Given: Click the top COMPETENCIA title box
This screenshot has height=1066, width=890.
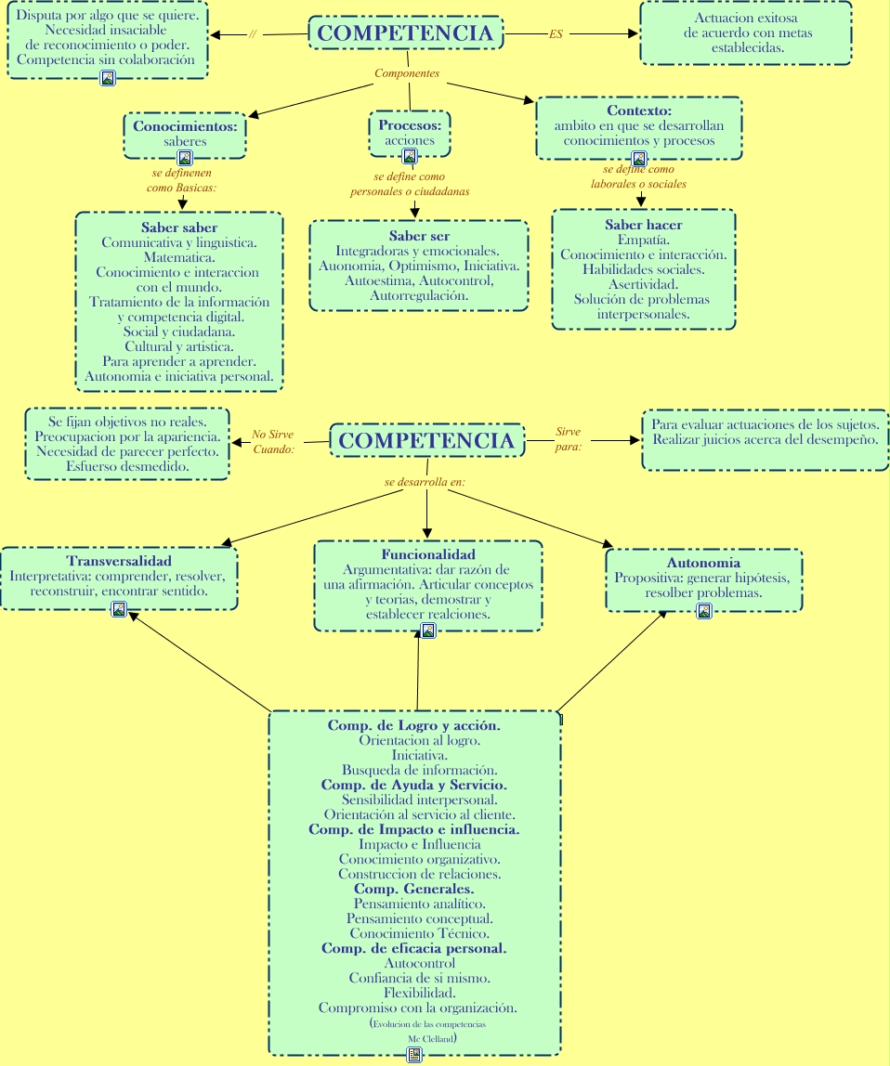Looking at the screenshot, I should pyautogui.click(x=405, y=32).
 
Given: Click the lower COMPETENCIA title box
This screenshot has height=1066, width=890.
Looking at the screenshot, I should pyautogui.click(x=426, y=440).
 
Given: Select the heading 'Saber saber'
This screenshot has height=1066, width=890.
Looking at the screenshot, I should pyautogui.click(x=179, y=227).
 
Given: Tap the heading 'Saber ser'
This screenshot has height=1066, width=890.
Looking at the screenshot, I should pyautogui.click(x=419, y=236).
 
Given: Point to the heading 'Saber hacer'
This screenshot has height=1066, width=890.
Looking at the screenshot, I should pyautogui.click(x=644, y=225).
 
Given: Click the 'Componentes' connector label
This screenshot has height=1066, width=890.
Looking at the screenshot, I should pyautogui.click(x=407, y=72).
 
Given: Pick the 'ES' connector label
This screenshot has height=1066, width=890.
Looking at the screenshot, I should pyautogui.click(x=556, y=34).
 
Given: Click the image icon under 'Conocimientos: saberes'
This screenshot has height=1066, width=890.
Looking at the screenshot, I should pyautogui.click(x=184, y=158).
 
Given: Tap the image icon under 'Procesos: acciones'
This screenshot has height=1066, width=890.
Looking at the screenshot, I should pyautogui.click(x=410, y=156).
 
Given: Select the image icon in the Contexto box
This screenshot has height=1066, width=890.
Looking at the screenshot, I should pyautogui.click(x=638, y=159).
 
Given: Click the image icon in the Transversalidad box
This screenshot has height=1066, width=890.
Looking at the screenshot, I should pyautogui.click(x=119, y=608).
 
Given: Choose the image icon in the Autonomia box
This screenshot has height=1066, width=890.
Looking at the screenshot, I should pyautogui.click(x=704, y=610).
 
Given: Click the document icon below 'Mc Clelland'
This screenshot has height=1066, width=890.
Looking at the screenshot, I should pyautogui.click(x=414, y=1054).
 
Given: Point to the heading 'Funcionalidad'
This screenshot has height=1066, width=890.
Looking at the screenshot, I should pyautogui.click(x=428, y=554).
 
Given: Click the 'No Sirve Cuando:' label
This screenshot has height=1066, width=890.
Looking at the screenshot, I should pyautogui.click(x=273, y=441).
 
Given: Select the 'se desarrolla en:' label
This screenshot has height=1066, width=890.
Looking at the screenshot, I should pyautogui.click(x=425, y=483).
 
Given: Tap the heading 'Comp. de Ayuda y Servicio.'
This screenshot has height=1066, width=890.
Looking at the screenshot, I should pyautogui.click(x=414, y=785).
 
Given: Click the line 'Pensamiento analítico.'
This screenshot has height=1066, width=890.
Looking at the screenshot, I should pyautogui.click(x=420, y=903).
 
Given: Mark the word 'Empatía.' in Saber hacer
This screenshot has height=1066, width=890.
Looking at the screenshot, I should pyautogui.click(x=644, y=240).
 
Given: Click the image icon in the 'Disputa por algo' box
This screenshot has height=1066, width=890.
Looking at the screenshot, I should pyautogui.click(x=108, y=78).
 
